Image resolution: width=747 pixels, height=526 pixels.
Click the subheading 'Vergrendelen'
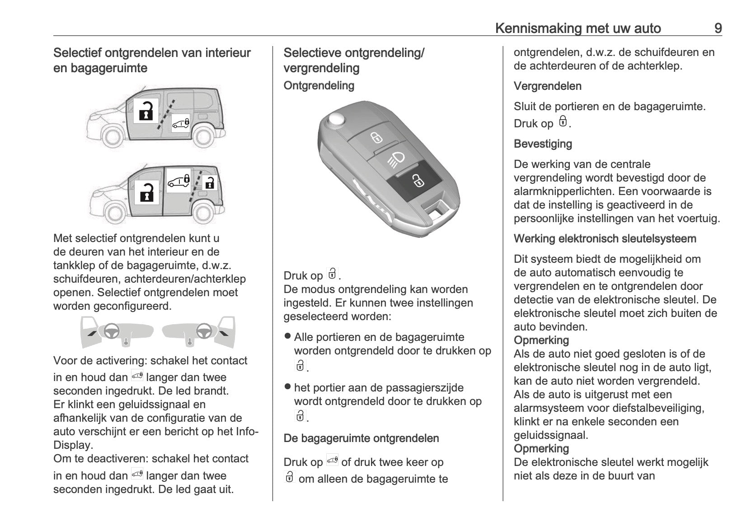(547, 86)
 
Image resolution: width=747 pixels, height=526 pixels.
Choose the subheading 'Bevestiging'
(543, 144)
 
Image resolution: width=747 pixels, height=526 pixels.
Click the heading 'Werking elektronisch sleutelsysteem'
(605, 238)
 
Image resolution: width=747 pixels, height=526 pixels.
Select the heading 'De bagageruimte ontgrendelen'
(361, 438)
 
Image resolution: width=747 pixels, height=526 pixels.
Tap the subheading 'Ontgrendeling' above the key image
(319, 85)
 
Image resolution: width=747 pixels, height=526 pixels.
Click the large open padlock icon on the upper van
(146, 111)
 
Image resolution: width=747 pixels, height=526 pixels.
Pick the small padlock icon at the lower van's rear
(210, 183)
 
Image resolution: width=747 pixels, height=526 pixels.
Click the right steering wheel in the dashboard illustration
(204, 331)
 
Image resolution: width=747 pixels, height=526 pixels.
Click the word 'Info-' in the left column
(247, 431)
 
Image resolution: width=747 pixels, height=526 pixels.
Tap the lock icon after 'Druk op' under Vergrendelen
(563, 122)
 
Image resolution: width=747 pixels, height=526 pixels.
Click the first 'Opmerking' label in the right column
(541, 340)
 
